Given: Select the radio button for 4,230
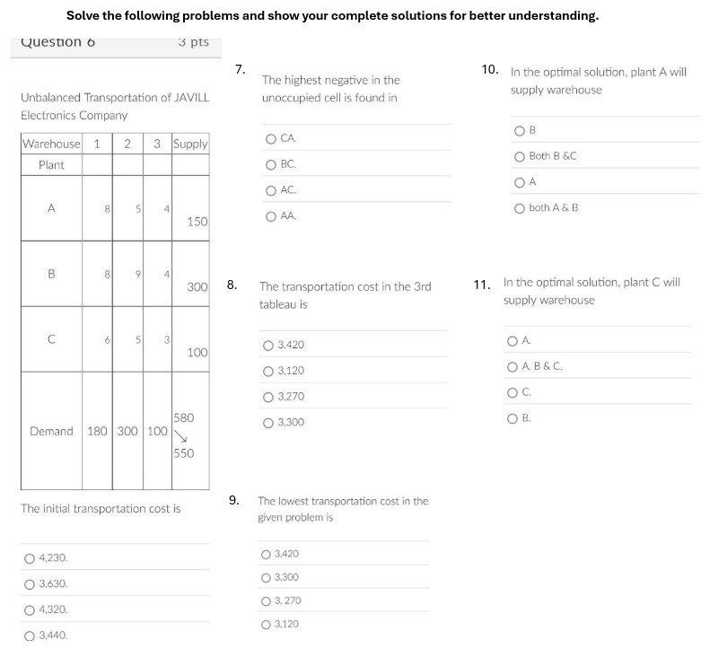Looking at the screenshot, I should pyautogui.click(x=29, y=558).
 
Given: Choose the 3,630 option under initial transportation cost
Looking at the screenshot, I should pyautogui.click(x=29, y=584).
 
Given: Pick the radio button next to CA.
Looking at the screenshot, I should pyautogui.click(x=270, y=138).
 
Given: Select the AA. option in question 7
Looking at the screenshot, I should pyautogui.click(x=270, y=216).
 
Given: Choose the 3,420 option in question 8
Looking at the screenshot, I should pyautogui.click(x=267, y=346).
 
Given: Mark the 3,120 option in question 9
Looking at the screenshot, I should pyautogui.click(x=266, y=624).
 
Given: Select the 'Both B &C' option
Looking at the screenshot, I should pyautogui.click(x=519, y=156).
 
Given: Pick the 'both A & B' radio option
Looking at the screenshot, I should pyautogui.click(x=519, y=208).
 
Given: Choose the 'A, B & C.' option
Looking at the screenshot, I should pyautogui.click(x=512, y=366).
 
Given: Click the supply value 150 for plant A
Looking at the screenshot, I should pyautogui.click(x=197, y=222).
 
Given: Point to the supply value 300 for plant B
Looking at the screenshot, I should pyautogui.click(x=197, y=287).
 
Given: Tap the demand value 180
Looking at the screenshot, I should pyautogui.click(x=97, y=431).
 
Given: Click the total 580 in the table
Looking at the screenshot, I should pyautogui.click(x=183, y=418).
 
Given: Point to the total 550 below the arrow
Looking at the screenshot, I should pyautogui.click(x=183, y=453).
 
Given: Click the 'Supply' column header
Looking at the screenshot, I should pyautogui.click(x=190, y=144).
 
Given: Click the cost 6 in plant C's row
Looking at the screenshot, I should pyautogui.click(x=107, y=340).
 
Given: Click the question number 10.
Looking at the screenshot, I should pyautogui.click(x=490, y=68).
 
